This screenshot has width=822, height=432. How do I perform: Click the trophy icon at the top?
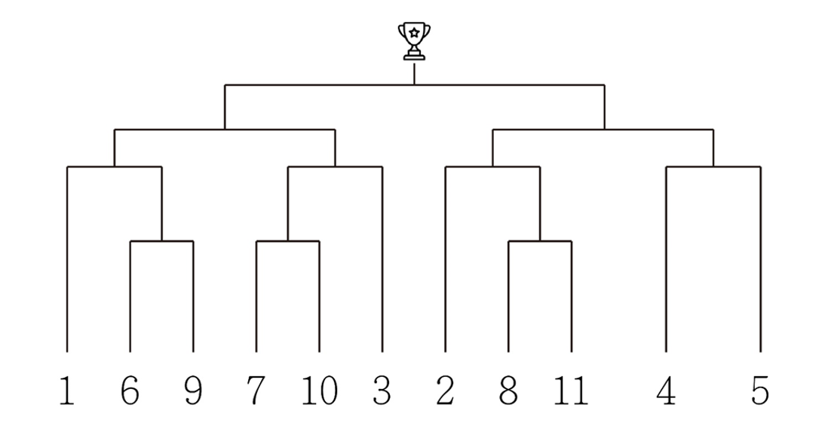coord(414,41)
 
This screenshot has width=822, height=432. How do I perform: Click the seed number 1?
coord(66,390)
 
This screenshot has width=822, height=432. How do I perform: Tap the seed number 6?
coord(130,390)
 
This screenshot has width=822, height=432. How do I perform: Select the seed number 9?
coord(194,390)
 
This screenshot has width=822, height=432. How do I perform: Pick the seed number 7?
coord(256,390)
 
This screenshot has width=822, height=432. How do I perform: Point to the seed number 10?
coord(319,390)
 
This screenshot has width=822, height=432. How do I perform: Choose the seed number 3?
coord(382,390)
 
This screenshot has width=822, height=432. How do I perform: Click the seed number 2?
coord(445,390)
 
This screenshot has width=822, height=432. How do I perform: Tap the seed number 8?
coord(508,390)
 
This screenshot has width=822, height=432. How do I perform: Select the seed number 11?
coord(572,390)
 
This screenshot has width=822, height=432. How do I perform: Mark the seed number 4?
coord(666,390)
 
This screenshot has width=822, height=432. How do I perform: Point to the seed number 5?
coord(760,390)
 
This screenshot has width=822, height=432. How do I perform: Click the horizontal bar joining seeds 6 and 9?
coord(161,241)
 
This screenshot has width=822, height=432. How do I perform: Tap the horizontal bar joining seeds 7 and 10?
coord(288,241)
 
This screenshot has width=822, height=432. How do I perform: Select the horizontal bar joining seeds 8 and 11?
coord(540,241)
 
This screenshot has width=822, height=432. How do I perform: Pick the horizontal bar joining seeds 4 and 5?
coord(713,167)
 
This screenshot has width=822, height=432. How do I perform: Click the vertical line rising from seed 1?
coord(67,259)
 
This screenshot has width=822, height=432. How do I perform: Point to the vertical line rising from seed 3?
coord(382,259)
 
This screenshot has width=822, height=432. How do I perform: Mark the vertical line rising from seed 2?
coord(445,259)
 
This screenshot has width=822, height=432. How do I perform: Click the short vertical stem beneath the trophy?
coord(414,73)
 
